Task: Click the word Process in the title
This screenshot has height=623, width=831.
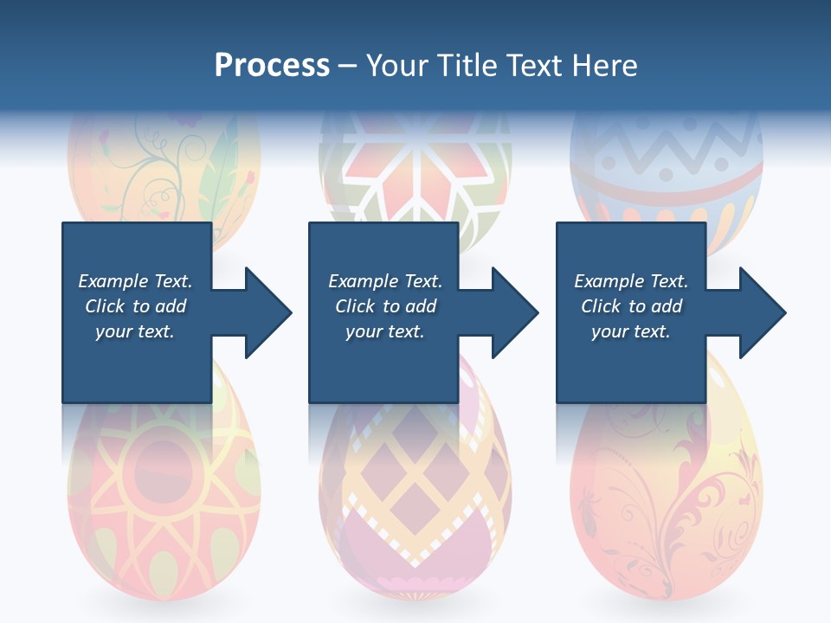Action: point(272,66)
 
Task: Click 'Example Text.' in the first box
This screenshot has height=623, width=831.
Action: point(135,281)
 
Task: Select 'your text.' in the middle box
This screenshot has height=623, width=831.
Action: point(384,331)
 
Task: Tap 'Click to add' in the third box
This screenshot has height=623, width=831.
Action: point(631,306)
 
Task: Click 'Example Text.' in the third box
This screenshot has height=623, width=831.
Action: point(631,281)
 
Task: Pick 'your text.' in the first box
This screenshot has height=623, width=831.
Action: point(135,331)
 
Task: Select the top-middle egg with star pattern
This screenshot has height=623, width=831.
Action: point(415,173)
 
